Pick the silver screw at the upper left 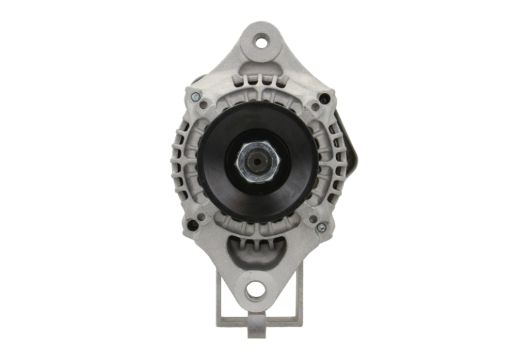pos(195,98)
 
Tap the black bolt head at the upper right pos(325,98)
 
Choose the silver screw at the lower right pos(321,228)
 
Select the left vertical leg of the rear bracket pos(221,294)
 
